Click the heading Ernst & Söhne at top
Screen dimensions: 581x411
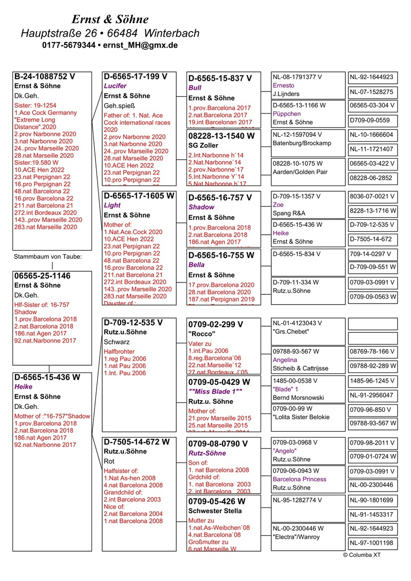tap(110, 20)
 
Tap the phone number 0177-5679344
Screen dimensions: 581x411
tap(69, 45)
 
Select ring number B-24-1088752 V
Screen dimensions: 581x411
tap(45, 77)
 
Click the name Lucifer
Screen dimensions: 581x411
tap(115, 86)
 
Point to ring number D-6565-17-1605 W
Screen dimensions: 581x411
tap(139, 196)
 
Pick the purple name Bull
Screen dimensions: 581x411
tap(195, 88)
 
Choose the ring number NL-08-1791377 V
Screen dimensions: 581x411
tap(297, 77)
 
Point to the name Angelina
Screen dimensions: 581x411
tap(285, 360)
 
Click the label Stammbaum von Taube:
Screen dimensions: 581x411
tap(47, 256)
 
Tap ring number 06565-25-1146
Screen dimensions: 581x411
tap(42, 276)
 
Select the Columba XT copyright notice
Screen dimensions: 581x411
tap(362, 555)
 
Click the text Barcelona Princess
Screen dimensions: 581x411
tap(300, 479)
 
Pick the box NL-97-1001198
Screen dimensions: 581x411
tap(371, 542)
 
